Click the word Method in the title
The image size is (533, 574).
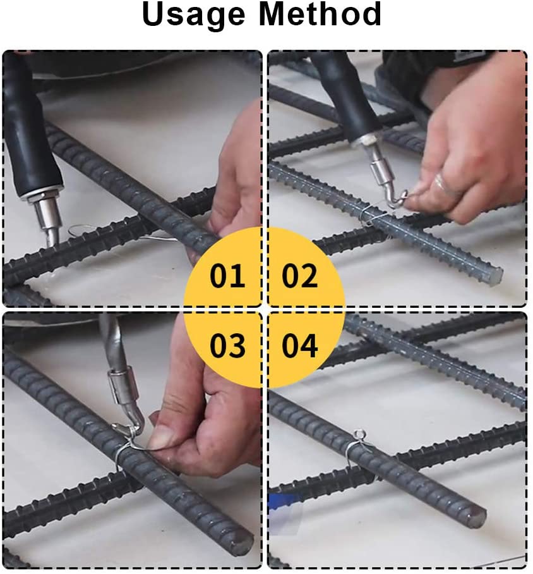click(x=320, y=14)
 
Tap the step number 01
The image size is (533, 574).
click(x=227, y=275)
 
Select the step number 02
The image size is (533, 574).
click(x=299, y=275)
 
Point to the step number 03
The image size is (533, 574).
click(x=227, y=345)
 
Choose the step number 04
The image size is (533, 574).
click(x=299, y=345)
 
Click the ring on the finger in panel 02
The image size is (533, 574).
click(x=441, y=184)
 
